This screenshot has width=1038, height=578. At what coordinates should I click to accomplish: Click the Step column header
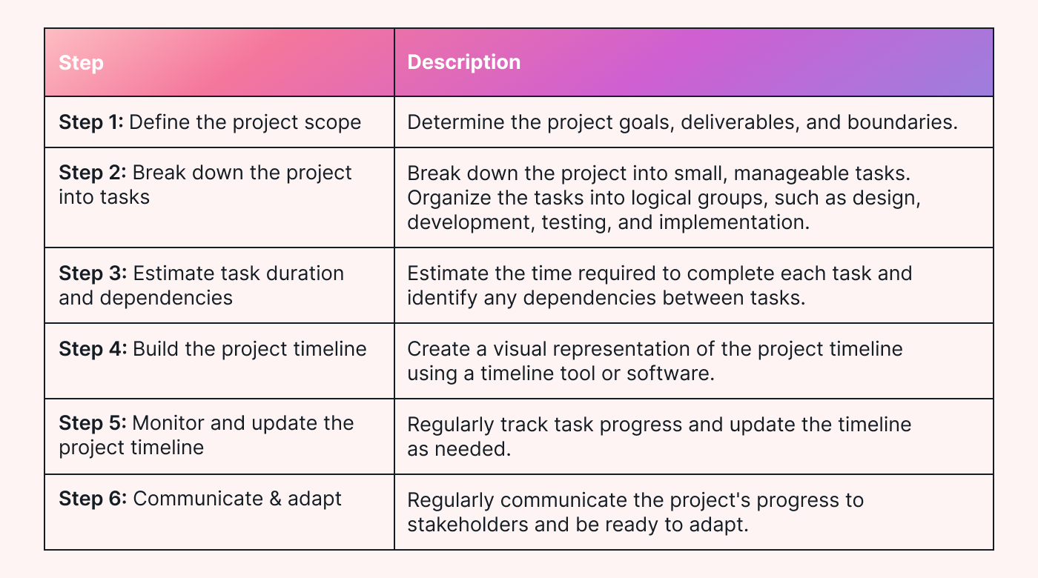point(81,63)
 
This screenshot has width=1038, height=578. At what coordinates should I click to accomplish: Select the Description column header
point(464,62)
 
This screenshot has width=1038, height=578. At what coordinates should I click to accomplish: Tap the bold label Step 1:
point(91,122)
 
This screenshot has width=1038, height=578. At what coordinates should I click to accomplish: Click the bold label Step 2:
point(93,173)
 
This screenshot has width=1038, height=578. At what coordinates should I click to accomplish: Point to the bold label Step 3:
point(93,273)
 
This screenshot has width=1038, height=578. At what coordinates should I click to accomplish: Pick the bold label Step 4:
point(93,349)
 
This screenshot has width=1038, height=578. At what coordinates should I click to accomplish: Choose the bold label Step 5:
point(93,423)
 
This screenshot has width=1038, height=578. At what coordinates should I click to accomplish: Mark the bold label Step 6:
point(93,498)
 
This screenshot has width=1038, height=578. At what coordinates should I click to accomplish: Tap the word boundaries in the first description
point(902,123)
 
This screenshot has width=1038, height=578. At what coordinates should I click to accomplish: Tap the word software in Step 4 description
point(670,373)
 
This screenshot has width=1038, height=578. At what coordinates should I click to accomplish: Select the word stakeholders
point(468,525)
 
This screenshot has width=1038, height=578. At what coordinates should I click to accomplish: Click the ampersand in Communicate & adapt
point(275,499)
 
